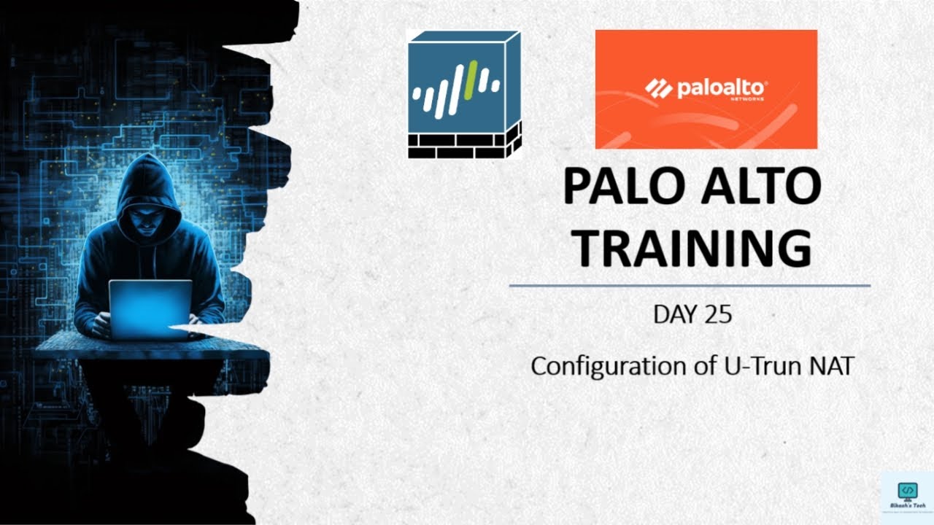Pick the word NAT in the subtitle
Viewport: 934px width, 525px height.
828,366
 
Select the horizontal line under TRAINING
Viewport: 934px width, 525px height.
690,285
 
